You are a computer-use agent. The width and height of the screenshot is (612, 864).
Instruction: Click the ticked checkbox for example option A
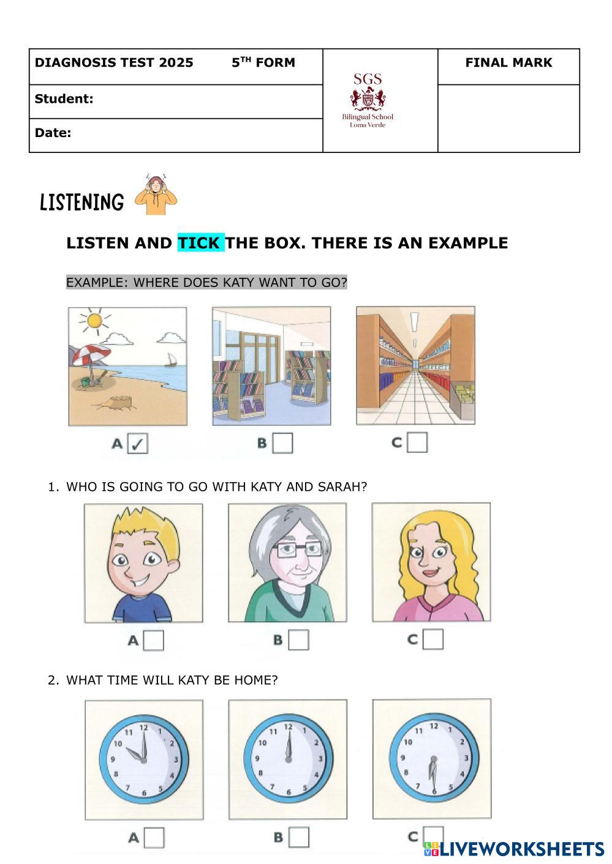tap(137, 443)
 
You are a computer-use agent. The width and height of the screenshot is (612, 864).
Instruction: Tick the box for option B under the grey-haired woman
tap(298, 640)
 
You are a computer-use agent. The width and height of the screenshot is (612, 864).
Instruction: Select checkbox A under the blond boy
tap(153, 640)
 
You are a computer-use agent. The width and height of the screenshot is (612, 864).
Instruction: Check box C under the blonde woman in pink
tap(433, 639)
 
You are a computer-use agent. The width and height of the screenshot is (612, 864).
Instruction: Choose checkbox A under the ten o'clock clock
tap(154, 838)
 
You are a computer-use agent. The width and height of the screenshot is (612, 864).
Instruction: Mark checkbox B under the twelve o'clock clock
tap(299, 837)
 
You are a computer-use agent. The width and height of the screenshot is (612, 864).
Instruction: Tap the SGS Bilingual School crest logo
tap(368, 100)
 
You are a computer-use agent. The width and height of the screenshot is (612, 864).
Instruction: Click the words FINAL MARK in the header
tap(508, 62)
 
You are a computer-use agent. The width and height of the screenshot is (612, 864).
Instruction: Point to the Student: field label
tap(64, 99)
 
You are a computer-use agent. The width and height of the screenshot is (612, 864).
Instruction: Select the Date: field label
tap(53, 133)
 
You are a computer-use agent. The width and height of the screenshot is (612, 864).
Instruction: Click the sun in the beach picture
tap(94, 321)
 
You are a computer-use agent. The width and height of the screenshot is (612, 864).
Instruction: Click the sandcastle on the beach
tap(116, 402)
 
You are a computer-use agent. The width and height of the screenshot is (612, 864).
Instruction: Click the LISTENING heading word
tap(82, 203)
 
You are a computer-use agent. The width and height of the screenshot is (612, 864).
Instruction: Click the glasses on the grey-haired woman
tap(297, 548)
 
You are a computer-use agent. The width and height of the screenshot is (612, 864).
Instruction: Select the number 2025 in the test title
tap(176, 62)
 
